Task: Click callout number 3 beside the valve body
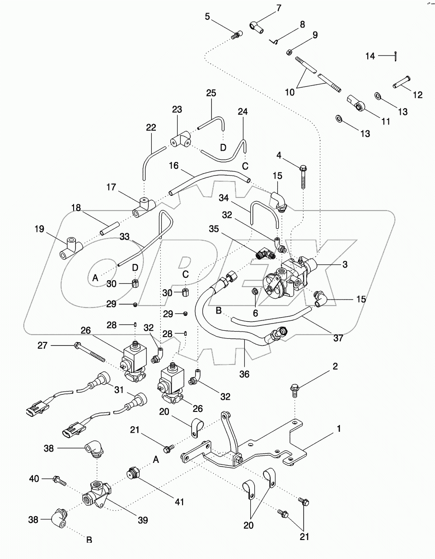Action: pyautogui.click(x=345, y=264)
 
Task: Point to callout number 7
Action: pyautogui.click(x=278, y=8)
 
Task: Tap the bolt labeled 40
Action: pyautogui.click(x=59, y=480)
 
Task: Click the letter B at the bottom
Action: pyautogui.click(x=89, y=539)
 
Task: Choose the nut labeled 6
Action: pyautogui.click(x=255, y=291)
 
